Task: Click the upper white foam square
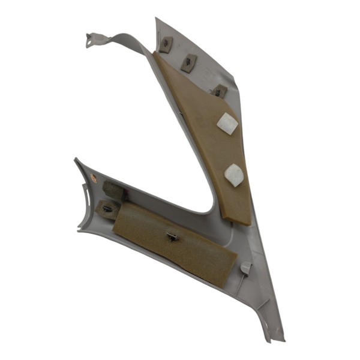pos(227,124)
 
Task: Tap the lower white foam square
pos(233,175)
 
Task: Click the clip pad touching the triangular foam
pos(219,91)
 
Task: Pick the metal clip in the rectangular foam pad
pos(173,236)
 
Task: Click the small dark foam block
pos(113,191)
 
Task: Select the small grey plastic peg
pos(245,267)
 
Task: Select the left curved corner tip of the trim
pos(76,160)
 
